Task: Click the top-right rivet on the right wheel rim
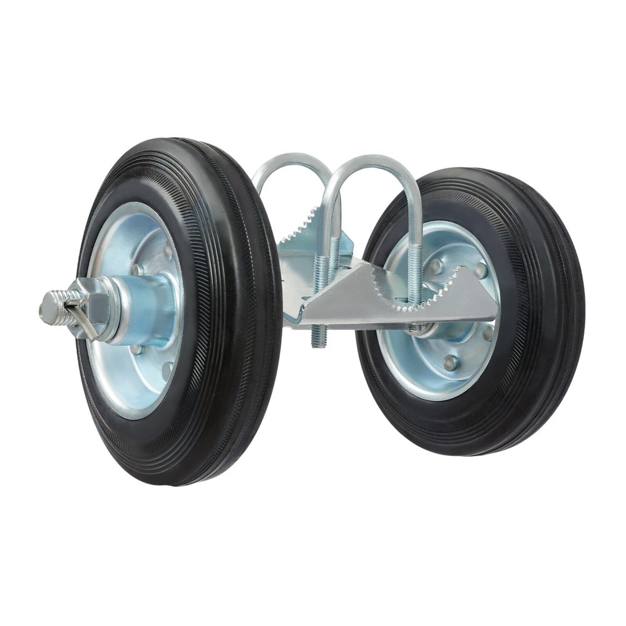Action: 480,270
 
